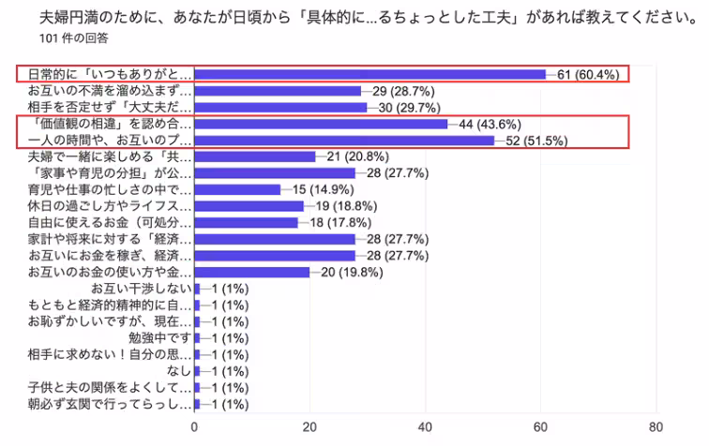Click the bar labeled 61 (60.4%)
click(x=370, y=74)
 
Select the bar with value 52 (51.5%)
click(x=344, y=141)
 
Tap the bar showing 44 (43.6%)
click(x=321, y=124)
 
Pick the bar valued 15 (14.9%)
click(x=238, y=190)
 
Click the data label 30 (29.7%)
click(x=410, y=108)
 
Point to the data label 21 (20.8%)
click(x=357, y=156)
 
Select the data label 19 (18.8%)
click(x=346, y=206)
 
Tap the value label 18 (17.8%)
click(x=340, y=223)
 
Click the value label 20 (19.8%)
click(x=352, y=273)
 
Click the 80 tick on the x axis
click(x=656, y=427)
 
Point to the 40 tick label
click(x=425, y=427)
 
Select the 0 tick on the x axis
click(x=194, y=427)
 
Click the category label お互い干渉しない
click(x=142, y=289)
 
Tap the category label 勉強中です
click(x=160, y=338)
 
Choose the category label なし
click(x=179, y=371)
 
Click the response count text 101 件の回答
click(x=74, y=38)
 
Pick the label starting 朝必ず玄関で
click(x=110, y=404)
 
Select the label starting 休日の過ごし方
click(x=110, y=206)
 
